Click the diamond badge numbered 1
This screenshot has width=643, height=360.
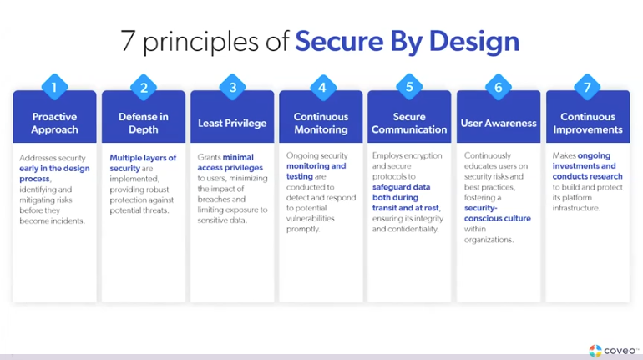[x=54, y=87]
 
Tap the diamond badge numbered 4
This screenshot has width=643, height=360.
[x=321, y=87]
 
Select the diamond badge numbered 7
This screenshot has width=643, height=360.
[x=588, y=87]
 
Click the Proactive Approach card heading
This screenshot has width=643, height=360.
[x=54, y=123]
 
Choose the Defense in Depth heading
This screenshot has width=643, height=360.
[x=144, y=123]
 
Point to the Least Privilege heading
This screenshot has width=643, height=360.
[x=232, y=124]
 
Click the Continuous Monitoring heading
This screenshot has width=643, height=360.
[x=321, y=123]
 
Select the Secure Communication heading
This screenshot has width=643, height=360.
[x=409, y=123]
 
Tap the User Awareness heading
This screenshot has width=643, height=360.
[x=499, y=124]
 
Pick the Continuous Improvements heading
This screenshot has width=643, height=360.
[x=588, y=123]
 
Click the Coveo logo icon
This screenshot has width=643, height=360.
[x=595, y=351]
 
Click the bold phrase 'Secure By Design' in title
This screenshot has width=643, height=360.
[x=408, y=41]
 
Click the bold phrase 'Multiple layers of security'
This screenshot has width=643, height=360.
[x=142, y=163]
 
